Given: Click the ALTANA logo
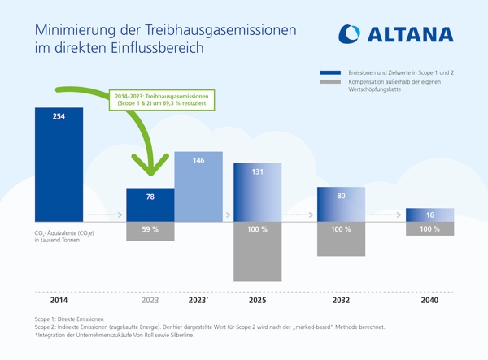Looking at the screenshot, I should (x=398, y=34).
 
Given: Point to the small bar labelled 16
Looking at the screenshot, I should (x=429, y=215).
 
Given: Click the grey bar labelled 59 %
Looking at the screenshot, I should (x=150, y=231).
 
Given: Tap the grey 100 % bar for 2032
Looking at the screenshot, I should (x=341, y=239).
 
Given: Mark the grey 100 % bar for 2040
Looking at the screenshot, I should (x=429, y=229).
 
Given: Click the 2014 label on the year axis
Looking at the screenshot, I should (x=59, y=301).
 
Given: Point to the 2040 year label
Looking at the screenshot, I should (x=429, y=301).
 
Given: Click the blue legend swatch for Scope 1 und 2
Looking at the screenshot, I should (x=330, y=73).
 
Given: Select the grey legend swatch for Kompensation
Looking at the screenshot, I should (x=330, y=82).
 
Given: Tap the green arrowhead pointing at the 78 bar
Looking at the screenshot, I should (x=150, y=167).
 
